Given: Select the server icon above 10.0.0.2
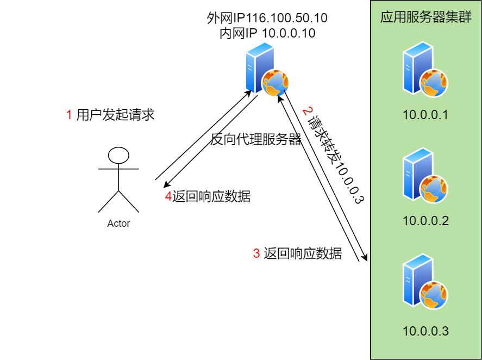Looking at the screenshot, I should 424,180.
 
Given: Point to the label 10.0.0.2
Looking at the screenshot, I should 425,221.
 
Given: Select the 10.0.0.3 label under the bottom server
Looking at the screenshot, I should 425,331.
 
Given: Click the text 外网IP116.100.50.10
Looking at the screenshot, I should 267,18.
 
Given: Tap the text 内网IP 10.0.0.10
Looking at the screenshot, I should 267,33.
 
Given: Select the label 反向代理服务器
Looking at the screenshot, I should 255,140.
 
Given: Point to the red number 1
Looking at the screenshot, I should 69,115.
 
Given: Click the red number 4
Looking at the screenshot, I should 168,197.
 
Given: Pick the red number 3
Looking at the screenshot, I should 256,253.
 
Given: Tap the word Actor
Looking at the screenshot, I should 118,224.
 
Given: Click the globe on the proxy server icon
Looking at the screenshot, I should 274,83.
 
